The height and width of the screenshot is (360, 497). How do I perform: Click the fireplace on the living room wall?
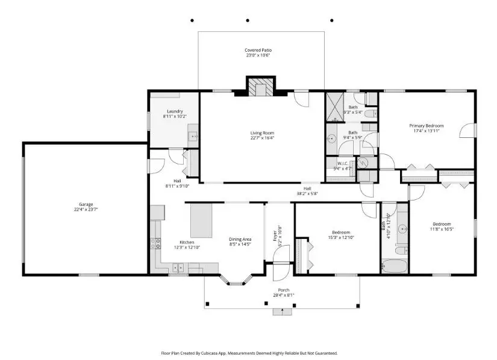(x=260, y=87)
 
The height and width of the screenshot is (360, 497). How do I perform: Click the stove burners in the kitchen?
(x=158, y=244)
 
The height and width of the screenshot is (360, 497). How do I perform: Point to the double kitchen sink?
(x=178, y=267)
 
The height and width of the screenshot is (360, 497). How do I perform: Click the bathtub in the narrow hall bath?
(x=395, y=264)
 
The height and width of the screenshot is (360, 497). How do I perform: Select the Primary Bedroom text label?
(x=425, y=125)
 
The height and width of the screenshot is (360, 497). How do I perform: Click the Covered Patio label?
(x=257, y=50)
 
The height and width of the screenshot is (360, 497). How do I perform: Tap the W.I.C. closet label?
(x=343, y=163)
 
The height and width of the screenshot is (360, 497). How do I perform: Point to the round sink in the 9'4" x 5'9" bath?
(x=331, y=138)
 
